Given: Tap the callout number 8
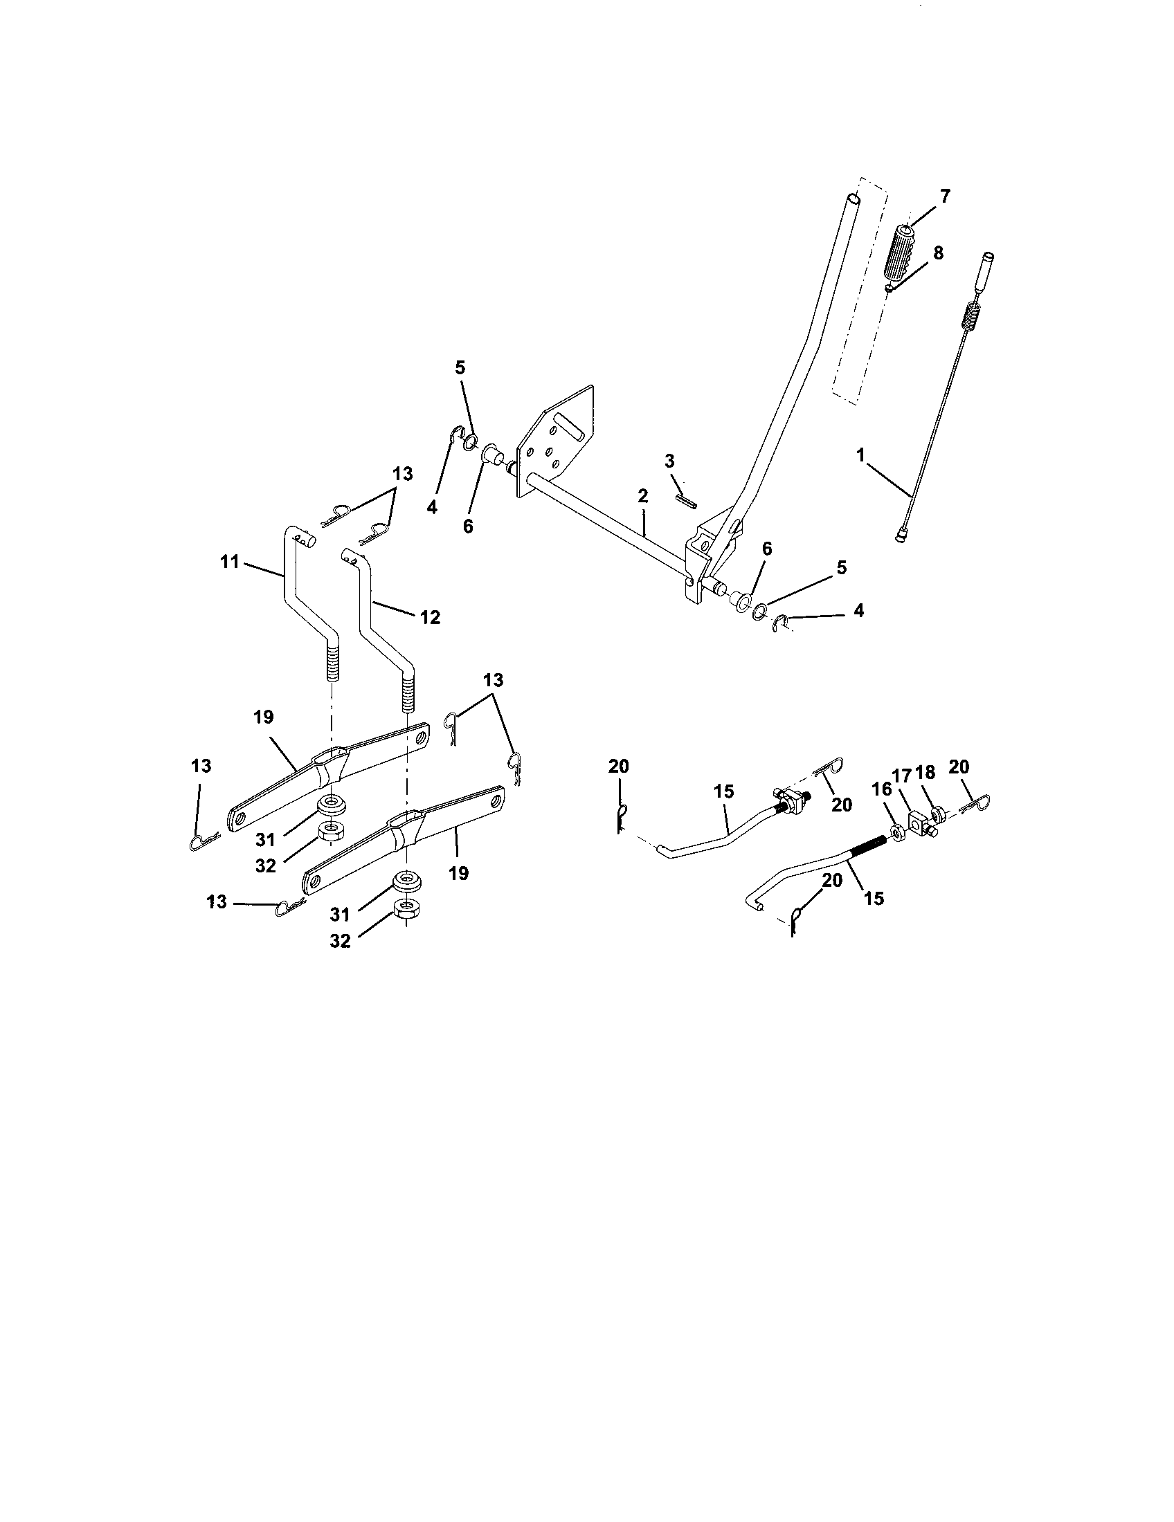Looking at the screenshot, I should [x=938, y=253].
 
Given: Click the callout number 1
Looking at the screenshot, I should [x=861, y=456].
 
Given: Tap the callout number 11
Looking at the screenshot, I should [x=230, y=561].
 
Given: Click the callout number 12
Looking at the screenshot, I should [x=430, y=617].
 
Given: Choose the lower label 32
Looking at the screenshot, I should [x=340, y=941].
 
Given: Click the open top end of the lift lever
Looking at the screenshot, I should [x=854, y=199].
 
